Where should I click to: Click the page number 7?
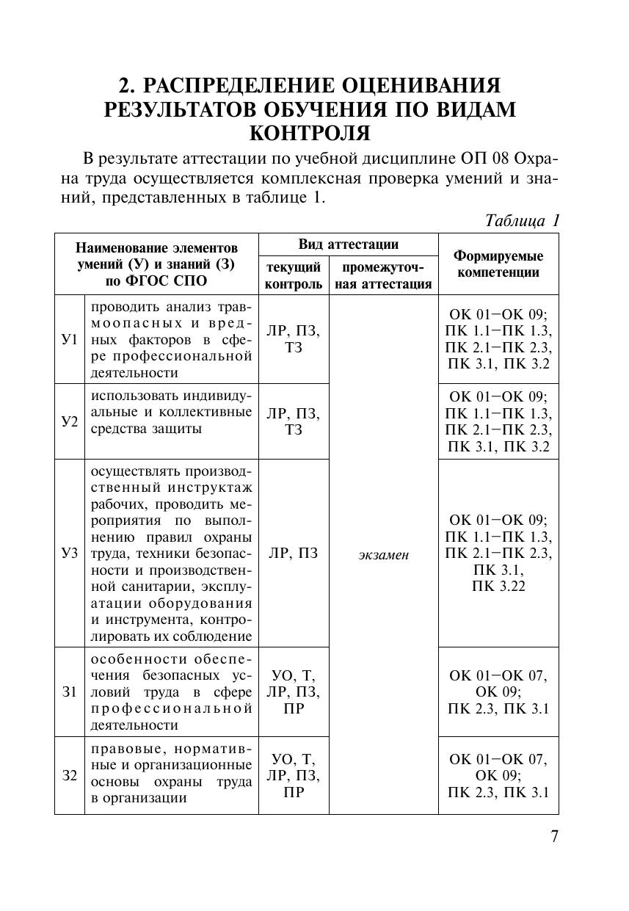pos(554,837)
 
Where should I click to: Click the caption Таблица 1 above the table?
pos(523,220)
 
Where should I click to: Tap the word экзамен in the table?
pos(384,555)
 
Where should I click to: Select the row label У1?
pos(69,340)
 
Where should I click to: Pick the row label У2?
pos(69,421)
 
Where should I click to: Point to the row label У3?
pos(69,553)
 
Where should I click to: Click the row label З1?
pos(69,692)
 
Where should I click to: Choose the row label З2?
pos(69,775)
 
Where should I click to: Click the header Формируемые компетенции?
pos(498,264)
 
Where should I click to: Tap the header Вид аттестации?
pos(348,244)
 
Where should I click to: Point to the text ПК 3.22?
pos(498,586)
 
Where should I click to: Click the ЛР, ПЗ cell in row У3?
pos(294,554)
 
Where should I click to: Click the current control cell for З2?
pos(294,775)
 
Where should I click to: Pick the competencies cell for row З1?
pos(498,692)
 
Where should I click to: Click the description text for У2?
pos(171,412)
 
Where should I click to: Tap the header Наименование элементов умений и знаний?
pos(157,264)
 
